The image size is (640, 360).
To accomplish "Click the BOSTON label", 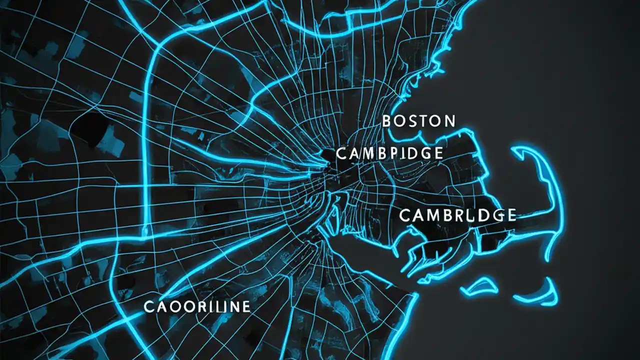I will click(419, 121).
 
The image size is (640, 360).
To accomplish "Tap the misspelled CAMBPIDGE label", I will click(389, 153).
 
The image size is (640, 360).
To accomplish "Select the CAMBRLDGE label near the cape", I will click(457, 215).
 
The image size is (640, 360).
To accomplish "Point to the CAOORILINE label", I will click(196, 306).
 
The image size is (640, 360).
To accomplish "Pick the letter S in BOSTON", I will click(413, 121).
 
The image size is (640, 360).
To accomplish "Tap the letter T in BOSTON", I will click(424, 121).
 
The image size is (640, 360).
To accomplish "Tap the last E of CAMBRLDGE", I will click(510, 215).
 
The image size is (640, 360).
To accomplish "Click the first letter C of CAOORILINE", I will click(149, 306).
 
